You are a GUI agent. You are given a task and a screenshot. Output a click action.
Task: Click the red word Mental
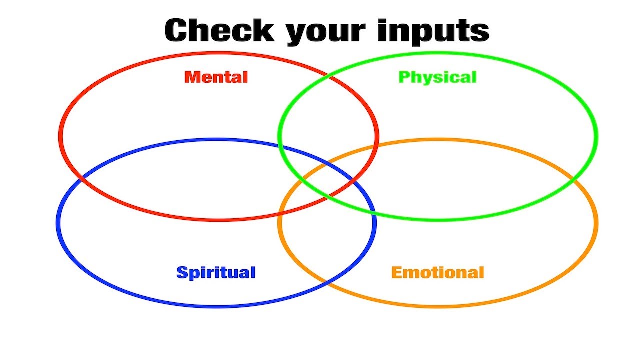pos(216,77)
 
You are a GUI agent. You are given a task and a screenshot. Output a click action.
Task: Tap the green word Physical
pos(437,77)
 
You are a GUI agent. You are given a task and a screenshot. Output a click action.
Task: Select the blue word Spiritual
pos(216,273)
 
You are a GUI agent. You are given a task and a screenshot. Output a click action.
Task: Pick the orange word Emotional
pos(437,273)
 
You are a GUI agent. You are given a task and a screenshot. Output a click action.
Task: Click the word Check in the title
pos(220,31)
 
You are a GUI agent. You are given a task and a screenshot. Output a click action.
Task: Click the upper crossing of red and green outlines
pos(328,76)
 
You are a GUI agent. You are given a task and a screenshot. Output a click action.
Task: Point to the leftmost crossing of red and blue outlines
pos(81,178)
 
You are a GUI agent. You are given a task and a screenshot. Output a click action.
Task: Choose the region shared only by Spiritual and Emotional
pos(327,240)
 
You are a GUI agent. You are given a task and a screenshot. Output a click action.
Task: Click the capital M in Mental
pos(191,77)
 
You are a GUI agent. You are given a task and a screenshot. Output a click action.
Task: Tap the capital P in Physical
pos(404,77)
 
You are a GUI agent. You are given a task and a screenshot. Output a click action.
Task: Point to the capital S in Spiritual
pos(182,273)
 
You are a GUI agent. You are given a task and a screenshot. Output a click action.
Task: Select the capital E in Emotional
pos(397,273)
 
